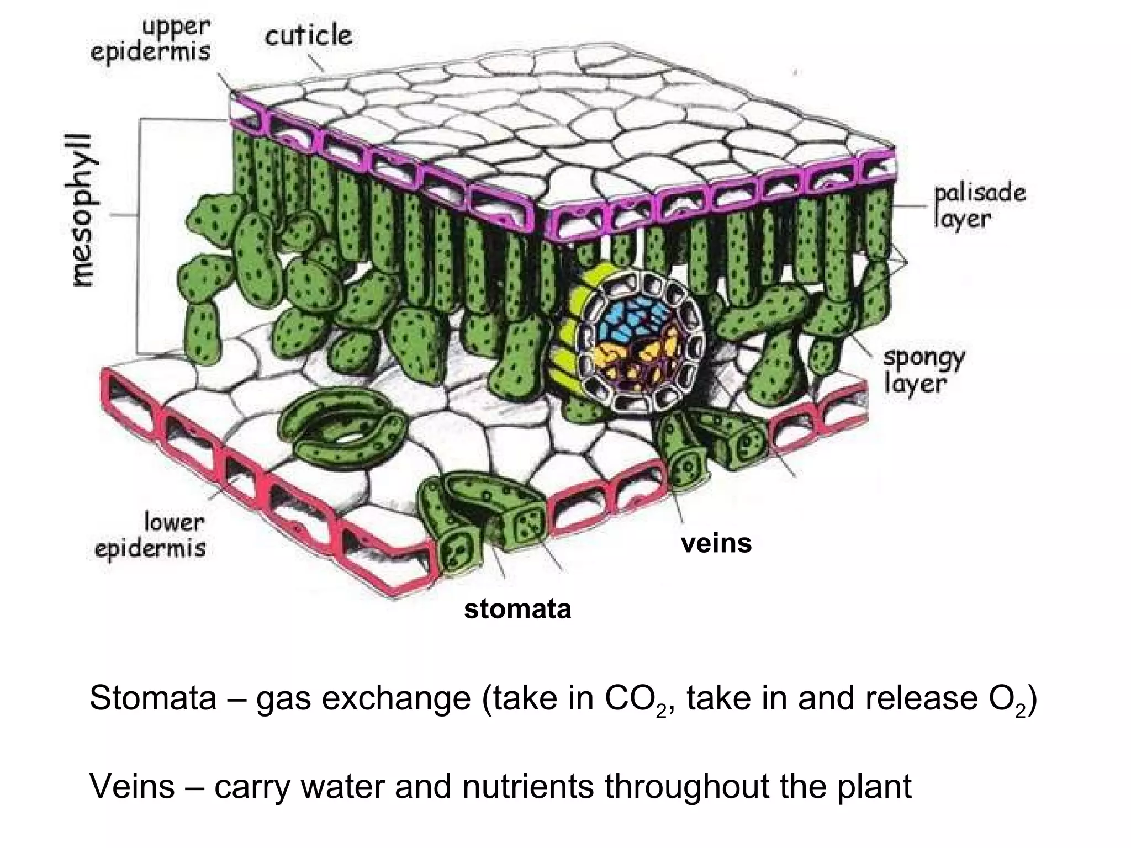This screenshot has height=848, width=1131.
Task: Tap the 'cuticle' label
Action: click(x=308, y=36)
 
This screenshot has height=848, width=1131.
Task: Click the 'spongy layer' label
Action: click(x=923, y=370)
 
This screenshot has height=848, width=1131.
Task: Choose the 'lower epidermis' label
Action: click(x=150, y=534)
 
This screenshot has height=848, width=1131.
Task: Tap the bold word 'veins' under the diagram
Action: click(x=716, y=543)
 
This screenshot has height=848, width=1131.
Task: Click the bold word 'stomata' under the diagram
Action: click(x=517, y=609)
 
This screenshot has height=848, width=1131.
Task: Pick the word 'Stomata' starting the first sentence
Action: click(x=152, y=698)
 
